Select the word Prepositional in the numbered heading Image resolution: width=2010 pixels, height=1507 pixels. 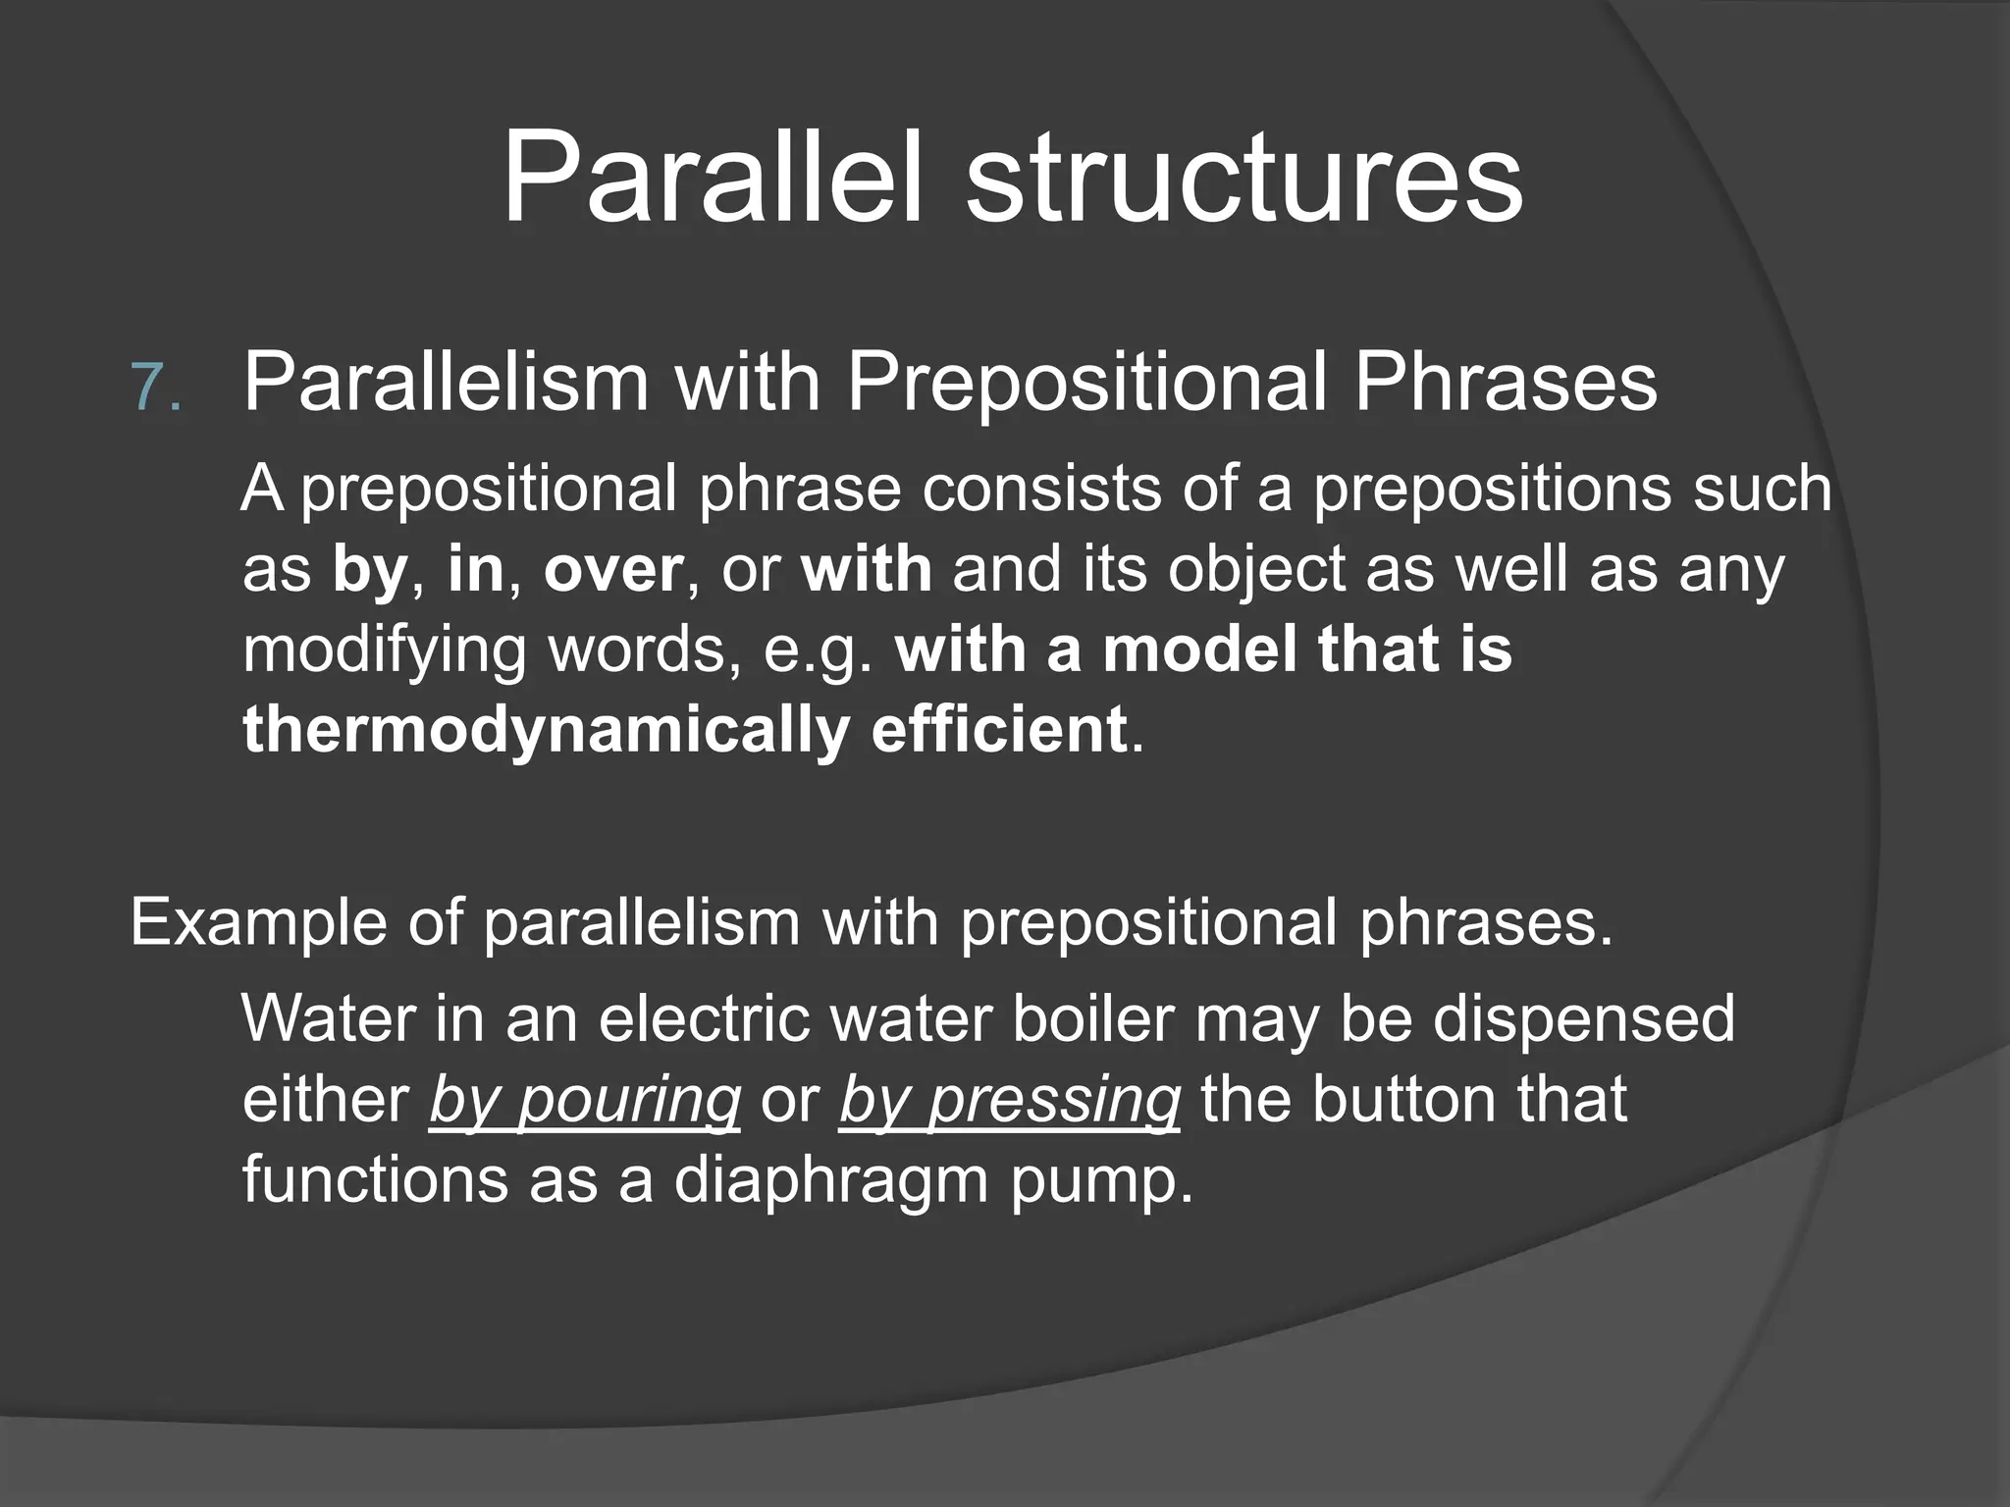click(x=1086, y=383)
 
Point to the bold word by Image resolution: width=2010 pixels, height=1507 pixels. click(x=369, y=570)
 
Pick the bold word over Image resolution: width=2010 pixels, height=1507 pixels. click(x=613, y=570)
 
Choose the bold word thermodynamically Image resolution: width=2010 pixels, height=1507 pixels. click(x=545, y=731)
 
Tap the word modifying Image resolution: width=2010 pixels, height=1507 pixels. click(x=384, y=650)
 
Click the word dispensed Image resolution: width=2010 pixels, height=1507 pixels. click(x=1583, y=1020)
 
